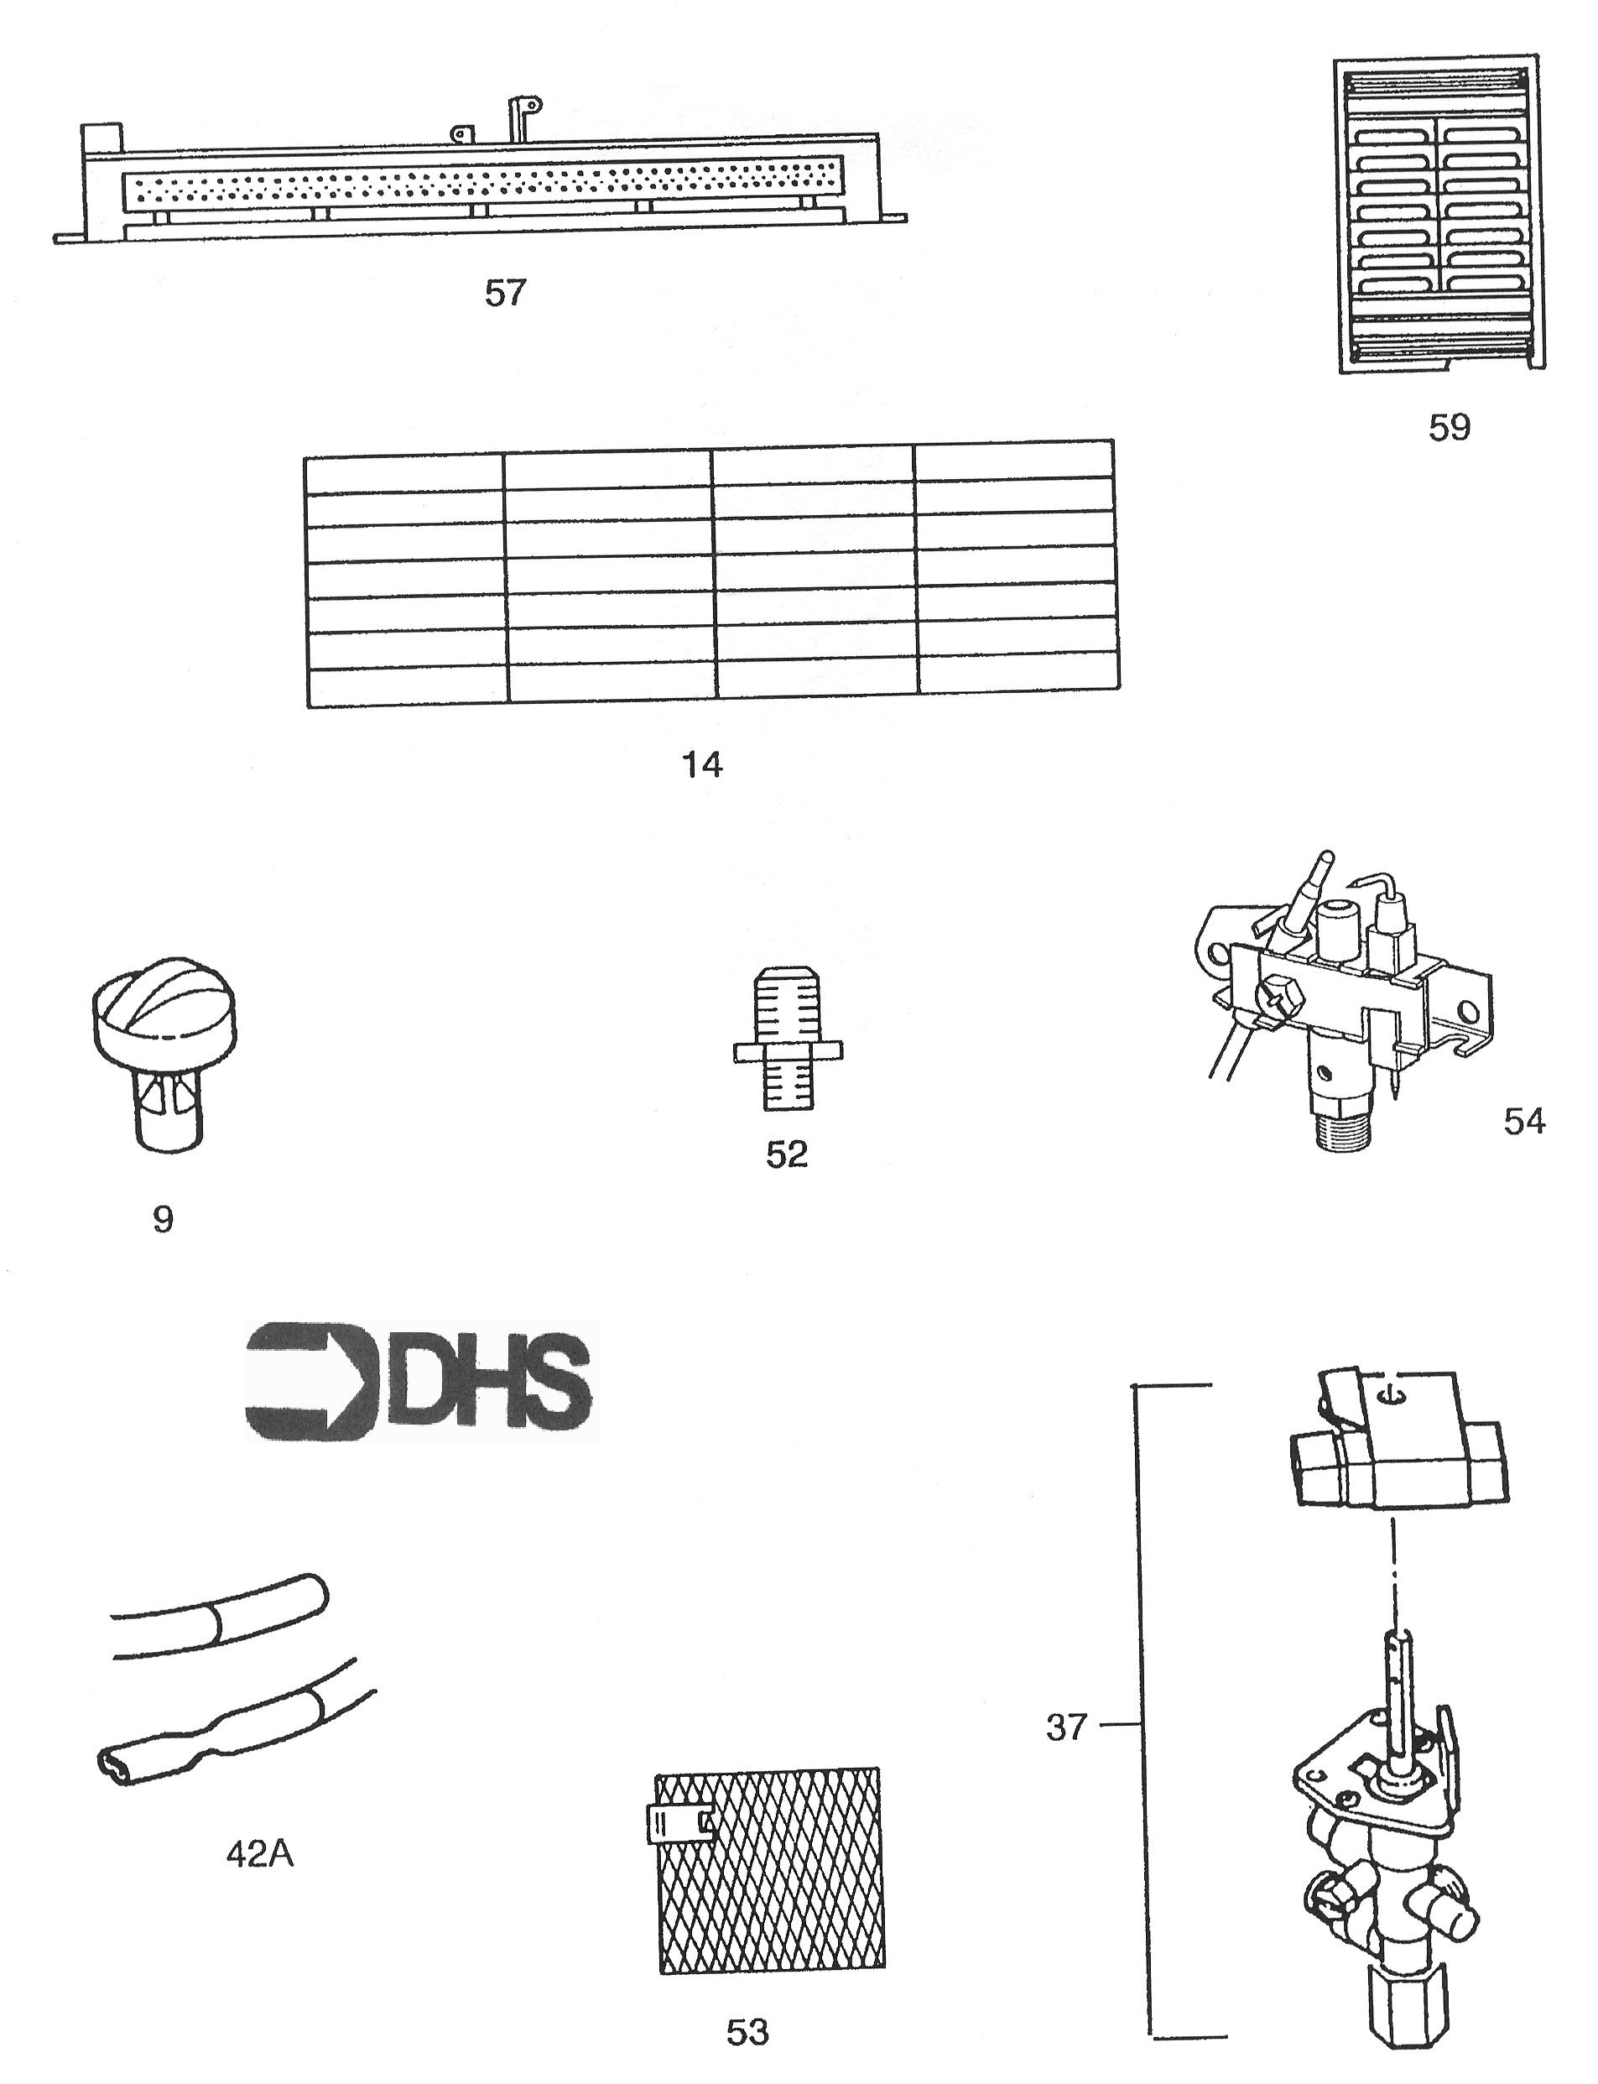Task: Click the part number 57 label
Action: (505, 293)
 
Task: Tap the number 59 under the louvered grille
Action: (1449, 428)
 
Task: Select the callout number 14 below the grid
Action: (703, 765)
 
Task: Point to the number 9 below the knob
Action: (163, 1219)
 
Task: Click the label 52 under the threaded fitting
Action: (787, 1154)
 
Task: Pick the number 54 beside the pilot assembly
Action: (1524, 1122)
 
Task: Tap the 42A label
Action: (260, 1854)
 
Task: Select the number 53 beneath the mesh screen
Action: (747, 2033)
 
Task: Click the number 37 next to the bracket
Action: (1065, 1727)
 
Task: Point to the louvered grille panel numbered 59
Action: (1440, 216)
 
